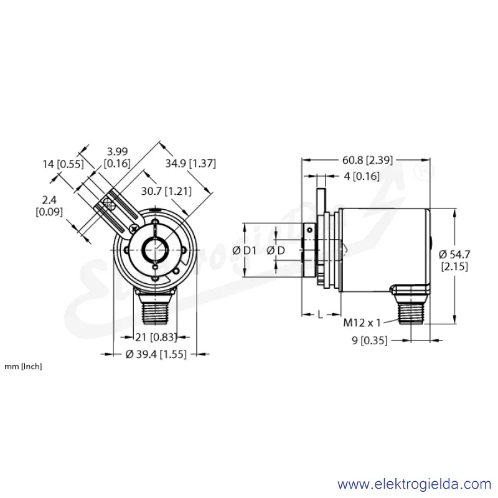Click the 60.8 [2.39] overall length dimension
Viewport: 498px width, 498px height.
[367, 160]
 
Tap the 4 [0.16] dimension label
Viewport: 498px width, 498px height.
[362, 176]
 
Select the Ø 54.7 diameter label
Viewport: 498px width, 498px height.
[454, 255]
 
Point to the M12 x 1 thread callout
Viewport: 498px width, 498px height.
[362, 323]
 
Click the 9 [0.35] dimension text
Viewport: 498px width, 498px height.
[370, 341]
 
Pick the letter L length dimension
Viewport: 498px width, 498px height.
[320, 314]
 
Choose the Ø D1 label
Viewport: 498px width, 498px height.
[244, 251]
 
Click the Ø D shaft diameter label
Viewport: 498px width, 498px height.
[276, 251]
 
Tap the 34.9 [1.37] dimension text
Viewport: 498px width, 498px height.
[190, 164]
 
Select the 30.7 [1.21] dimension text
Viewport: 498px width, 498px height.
[166, 191]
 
